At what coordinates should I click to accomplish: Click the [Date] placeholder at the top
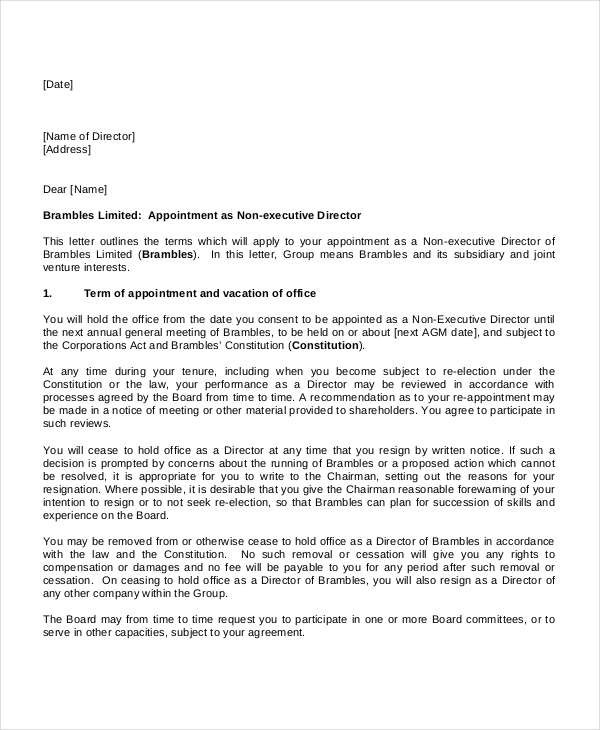(x=58, y=85)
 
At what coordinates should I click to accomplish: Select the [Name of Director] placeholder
(x=89, y=136)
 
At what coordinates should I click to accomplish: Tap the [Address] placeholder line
(x=67, y=150)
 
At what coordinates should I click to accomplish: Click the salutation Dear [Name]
(x=75, y=189)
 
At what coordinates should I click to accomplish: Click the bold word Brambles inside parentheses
(x=169, y=254)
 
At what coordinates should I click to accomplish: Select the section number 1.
(x=47, y=293)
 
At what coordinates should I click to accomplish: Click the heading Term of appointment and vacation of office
(x=200, y=293)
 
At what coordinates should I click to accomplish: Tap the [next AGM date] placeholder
(x=435, y=332)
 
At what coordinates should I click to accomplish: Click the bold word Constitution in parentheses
(x=326, y=345)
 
